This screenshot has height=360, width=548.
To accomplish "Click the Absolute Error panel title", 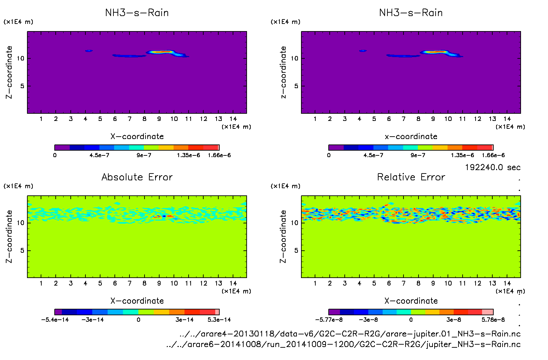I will [x=137, y=177].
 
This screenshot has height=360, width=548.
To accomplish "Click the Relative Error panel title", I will [x=411, y=177].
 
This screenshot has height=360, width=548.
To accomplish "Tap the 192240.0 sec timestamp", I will [x=492, y=167].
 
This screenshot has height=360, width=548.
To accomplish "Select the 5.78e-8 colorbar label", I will [x=493, y=320].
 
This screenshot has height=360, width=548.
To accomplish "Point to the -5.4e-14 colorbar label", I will [x=55, y=320].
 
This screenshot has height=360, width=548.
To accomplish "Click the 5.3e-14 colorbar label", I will [x=219, y=320].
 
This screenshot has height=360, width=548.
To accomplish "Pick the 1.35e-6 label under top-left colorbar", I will [x=188, y=155].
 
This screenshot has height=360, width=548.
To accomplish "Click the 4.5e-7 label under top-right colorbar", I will [x=373, y=155].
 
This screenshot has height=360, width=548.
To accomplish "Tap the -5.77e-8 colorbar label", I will [x=329, y=320].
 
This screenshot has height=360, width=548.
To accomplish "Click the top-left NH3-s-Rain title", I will [x=137, y=13].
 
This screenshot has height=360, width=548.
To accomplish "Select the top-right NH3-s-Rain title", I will [x=411, y=13].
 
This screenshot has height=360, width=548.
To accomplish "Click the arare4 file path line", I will [x=350, y=334].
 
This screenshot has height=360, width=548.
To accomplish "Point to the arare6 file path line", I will [x=343, y=344].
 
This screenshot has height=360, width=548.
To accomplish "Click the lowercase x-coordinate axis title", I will [x=411, y=137].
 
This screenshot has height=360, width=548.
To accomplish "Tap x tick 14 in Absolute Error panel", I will [x=233, y=283].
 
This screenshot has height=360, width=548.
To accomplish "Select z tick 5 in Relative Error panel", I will [x=296, y=250].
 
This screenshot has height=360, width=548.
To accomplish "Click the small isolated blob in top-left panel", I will [x=89, y=51].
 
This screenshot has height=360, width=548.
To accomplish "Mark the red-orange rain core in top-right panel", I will [x=434, y=52].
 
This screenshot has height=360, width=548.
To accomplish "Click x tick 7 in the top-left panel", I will [x=129, y=119].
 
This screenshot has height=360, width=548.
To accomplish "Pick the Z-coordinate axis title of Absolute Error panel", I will [x=9, y=236].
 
